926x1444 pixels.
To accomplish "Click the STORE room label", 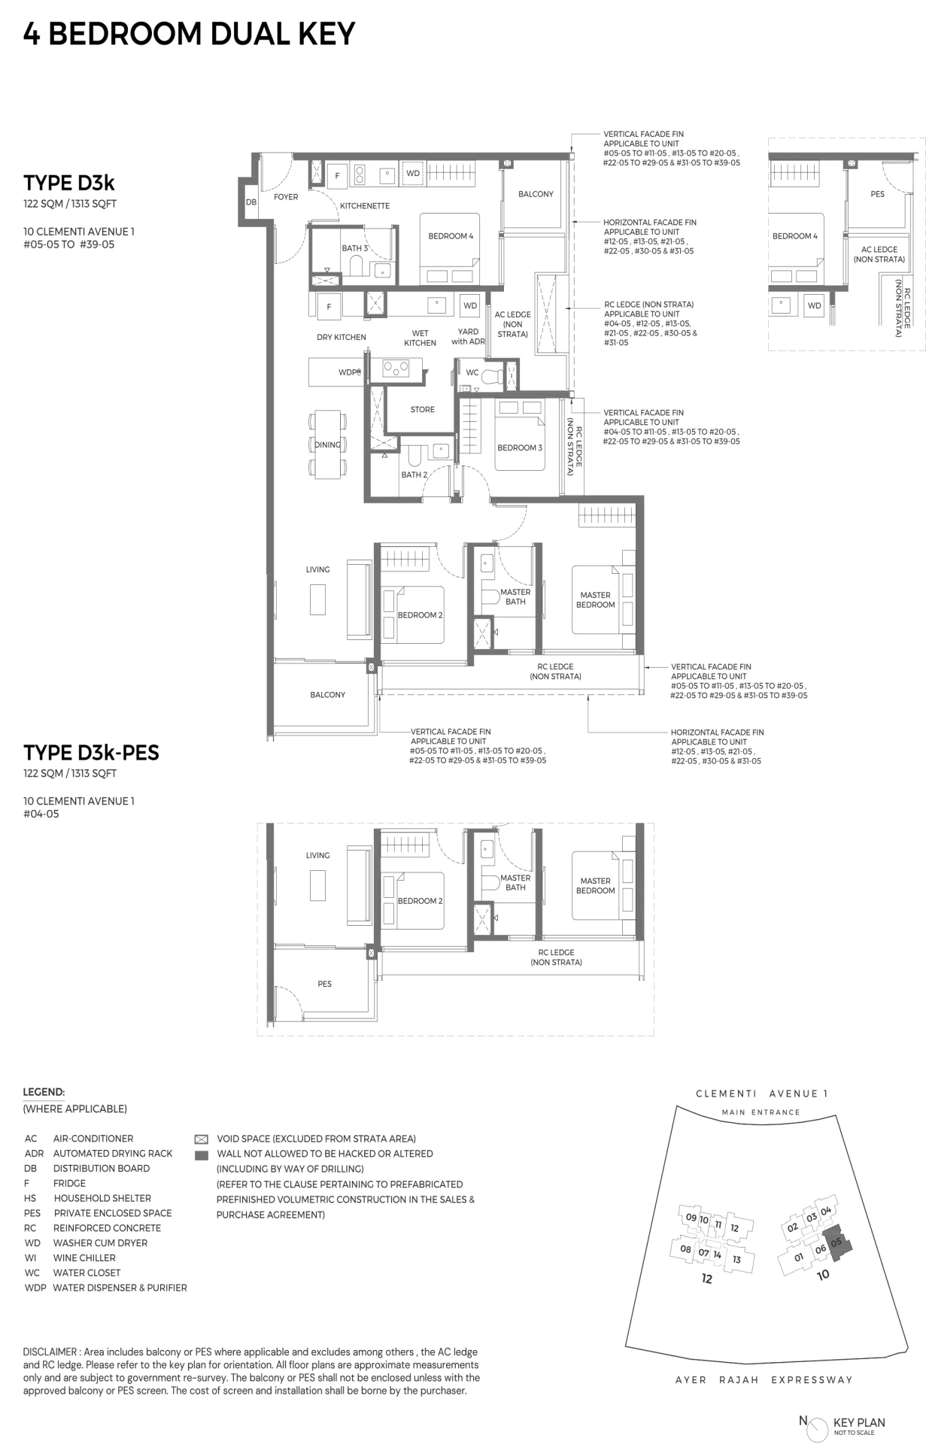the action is tap(422, 410).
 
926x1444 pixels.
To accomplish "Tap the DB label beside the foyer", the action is tap(251, 202).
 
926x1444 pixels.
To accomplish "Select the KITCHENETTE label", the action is tap(365, 205).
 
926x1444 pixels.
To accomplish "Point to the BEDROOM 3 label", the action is tap(520, 447).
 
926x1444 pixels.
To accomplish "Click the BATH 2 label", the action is tap(414, 475).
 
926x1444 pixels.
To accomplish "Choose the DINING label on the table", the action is tap(328, 444).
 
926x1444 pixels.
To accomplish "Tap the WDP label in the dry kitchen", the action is tap(348, 372).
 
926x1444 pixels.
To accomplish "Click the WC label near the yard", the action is tap(472, 372).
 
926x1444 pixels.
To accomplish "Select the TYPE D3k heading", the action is tap(69, 183).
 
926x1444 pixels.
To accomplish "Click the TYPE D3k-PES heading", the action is tap(91, 752).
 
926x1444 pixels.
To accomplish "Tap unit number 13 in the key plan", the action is tap(736, 1259).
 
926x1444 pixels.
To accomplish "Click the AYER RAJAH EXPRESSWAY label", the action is tap(764, 1379).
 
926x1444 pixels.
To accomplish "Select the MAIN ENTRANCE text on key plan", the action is tap(761, 1112).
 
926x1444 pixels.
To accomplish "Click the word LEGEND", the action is tap(44, 1092).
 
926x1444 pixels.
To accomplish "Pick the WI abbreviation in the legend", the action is tap(30, 1257).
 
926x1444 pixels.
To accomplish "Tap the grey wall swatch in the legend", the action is tap(201, 1154).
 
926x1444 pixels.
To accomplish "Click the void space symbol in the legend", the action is tap(201, 1139).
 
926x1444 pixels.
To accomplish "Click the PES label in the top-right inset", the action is tap(878, 194).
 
